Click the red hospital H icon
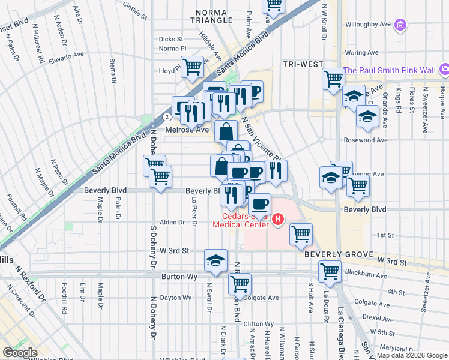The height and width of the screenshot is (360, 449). click(x=277, y=220)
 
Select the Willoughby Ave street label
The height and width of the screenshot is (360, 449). click(x=369, y=25)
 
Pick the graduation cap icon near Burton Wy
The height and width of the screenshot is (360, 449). click(x=215, y=260)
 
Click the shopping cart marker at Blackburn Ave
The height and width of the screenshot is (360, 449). click(x=330, y=271)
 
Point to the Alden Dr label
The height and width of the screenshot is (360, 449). click(x=172, y=222)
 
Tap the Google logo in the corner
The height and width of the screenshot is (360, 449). click(x=20, y=352)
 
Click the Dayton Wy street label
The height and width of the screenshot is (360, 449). click(x=175, y=298)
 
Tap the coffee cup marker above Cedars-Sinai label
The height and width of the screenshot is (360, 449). click(x=259, y=203)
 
